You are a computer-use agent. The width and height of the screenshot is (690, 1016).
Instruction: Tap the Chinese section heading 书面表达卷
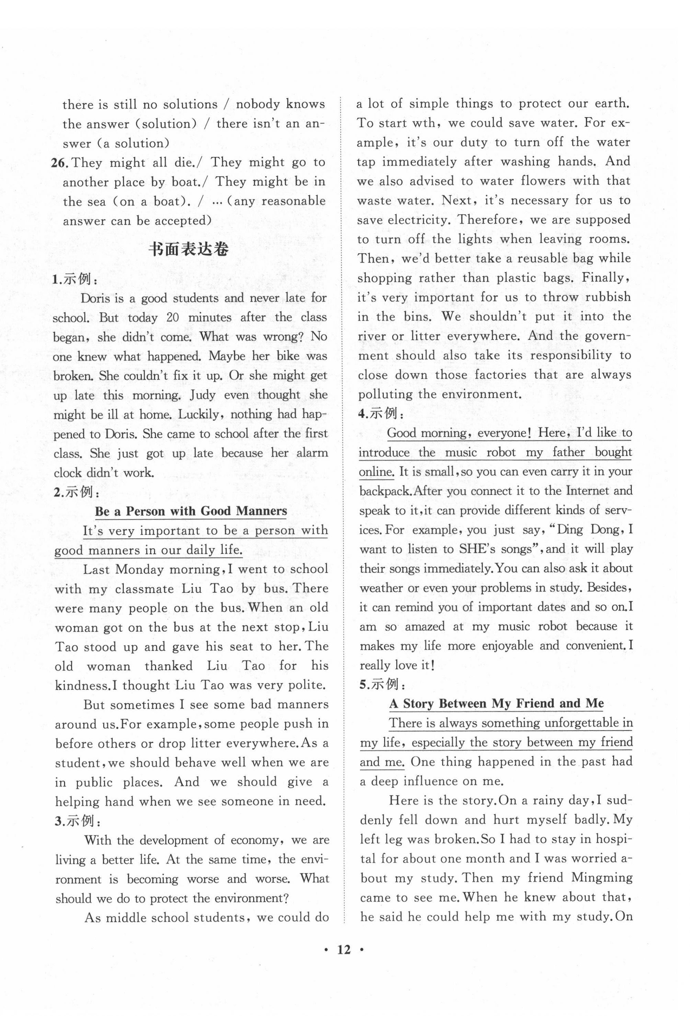[188, 250]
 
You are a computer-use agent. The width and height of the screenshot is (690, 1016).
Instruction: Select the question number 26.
[60, 163]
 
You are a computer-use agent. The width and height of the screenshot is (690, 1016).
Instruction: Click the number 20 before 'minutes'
[172, 317]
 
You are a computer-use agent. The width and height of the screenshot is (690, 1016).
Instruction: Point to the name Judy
[203, 395]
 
